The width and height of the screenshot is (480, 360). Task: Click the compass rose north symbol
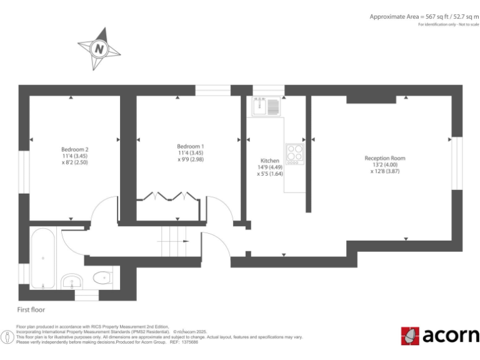99,48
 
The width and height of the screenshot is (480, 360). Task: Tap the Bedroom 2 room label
74,149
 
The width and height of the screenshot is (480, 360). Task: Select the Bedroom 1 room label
190,146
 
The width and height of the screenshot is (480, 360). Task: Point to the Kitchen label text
269,161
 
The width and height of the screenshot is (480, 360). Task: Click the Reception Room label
385,158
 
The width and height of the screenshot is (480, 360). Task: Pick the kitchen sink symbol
267,106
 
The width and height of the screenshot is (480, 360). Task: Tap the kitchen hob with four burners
294,153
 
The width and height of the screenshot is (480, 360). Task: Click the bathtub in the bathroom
43,258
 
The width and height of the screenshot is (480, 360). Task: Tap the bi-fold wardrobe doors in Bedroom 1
169,196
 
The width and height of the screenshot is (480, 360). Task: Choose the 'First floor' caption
31,309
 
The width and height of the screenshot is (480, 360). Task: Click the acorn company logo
440,336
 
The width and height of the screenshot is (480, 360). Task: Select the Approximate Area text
423,16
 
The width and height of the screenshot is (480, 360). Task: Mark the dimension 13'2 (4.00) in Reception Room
385,164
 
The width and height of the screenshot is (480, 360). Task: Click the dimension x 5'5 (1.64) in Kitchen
270,174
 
